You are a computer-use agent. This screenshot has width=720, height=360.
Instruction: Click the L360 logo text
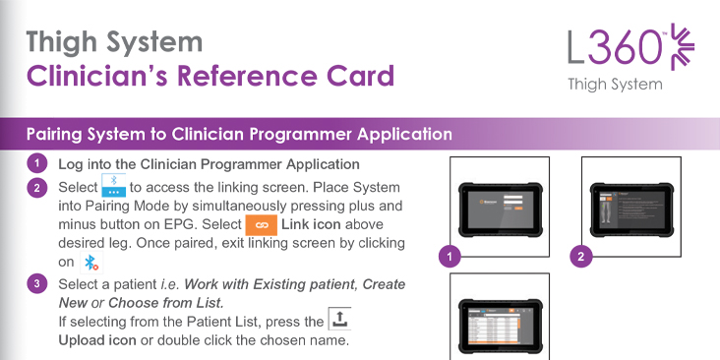617,48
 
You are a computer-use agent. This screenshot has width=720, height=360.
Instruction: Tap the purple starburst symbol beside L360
683,47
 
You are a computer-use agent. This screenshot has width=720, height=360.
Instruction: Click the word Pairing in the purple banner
51,134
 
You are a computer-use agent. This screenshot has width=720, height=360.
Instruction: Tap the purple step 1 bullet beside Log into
36,164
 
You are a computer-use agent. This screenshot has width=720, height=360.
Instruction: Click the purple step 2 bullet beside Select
36,188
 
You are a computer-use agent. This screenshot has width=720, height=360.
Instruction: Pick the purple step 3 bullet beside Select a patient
36,284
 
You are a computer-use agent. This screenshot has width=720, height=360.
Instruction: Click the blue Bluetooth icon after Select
113,186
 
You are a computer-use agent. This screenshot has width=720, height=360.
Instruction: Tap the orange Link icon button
262,225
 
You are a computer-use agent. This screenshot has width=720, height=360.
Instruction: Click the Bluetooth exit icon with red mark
91,263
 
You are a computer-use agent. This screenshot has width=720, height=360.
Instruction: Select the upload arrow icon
339,319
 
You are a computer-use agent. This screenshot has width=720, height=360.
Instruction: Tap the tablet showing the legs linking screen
631,210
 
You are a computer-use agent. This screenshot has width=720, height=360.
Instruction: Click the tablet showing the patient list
501,326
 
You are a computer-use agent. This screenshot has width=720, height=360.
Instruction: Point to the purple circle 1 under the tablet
450,256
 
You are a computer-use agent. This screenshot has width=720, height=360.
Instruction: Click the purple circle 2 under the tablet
581,256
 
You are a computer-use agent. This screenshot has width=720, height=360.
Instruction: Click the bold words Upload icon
97,340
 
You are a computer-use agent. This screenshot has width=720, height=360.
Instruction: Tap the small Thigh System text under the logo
615,85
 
